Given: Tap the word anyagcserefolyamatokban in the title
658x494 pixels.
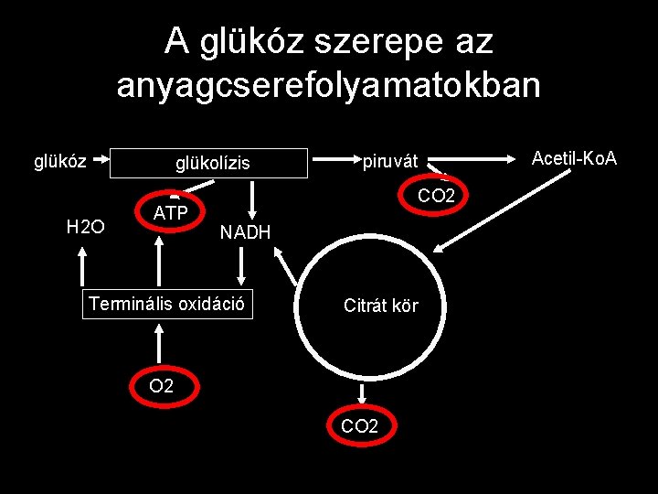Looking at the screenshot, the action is tap(329, 86).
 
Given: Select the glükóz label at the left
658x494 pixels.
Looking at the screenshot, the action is tap(60, 162).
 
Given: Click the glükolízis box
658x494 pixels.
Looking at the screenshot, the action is tap(212, 164).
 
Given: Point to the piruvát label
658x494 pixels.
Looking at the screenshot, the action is tap(390, 162).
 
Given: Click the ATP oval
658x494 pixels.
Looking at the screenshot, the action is tap(171, 215).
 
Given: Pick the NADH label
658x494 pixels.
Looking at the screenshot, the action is tap(245, 233).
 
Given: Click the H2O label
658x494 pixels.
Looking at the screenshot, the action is tap(85, 226).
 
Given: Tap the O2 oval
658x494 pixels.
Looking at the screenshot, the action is tap(162, 386).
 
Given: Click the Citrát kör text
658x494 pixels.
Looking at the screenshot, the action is tap(380, 306).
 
